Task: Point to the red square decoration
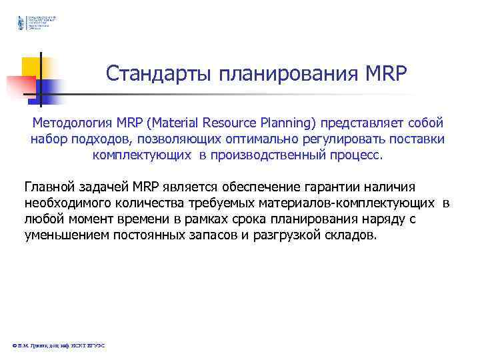pyautogui.click(x=20, y=86)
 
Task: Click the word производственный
pyautogui.click(x=264, y=155)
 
